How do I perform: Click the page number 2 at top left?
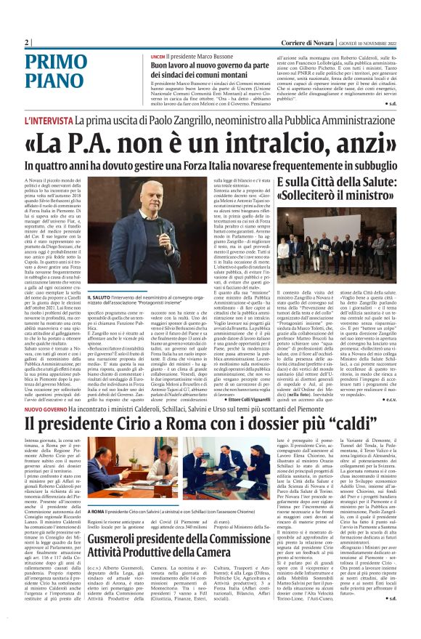click(25, 42)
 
